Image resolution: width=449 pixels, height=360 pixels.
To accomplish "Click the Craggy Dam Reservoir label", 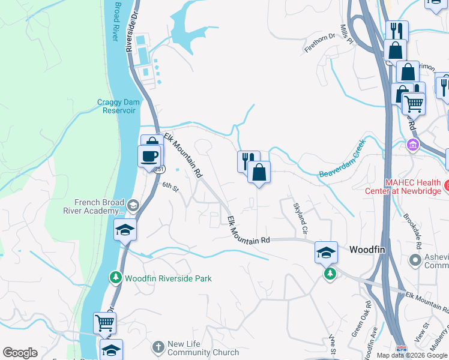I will [118, 106].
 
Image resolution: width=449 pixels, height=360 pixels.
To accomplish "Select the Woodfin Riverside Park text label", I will [168, 278].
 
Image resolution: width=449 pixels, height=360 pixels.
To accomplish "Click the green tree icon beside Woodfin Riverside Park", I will [115, 277].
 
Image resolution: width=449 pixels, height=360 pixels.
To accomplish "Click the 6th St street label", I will [170, 188].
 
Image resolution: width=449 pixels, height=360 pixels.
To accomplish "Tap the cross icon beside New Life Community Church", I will [157, 347].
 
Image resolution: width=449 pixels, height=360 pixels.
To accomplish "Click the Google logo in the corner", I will [20, 353].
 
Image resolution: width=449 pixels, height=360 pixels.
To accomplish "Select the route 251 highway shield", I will [158, 170].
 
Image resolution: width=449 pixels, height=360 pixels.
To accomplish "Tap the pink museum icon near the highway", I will [412, 145].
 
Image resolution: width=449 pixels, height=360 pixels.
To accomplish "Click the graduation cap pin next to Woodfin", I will [326, 253].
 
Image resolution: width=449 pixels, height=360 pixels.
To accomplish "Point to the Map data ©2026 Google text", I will [412, 355].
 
